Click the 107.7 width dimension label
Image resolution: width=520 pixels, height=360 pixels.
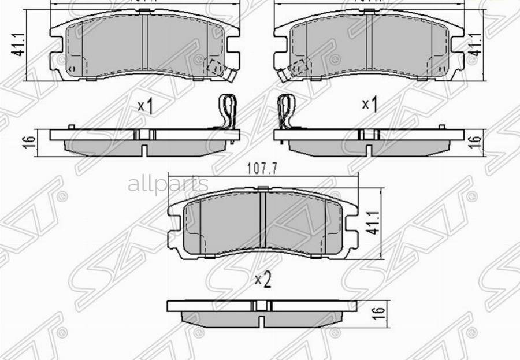tap(263, 169)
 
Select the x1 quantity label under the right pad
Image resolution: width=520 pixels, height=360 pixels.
tap(369, 105)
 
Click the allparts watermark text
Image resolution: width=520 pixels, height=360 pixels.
tap(168, 185)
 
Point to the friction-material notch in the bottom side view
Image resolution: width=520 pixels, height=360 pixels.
tap(262, 320)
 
